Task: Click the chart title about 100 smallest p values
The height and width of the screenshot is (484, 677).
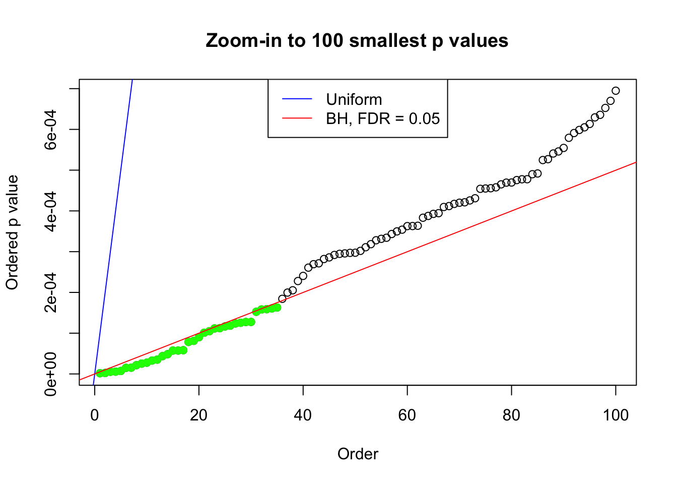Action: pos(357,40)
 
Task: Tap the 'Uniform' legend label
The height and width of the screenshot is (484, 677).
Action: pos(354,99)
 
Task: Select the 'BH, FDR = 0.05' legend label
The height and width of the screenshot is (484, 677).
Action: pos(382,118)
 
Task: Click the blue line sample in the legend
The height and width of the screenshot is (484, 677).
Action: pos(297,99)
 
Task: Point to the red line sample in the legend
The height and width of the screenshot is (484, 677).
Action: pos(297,118)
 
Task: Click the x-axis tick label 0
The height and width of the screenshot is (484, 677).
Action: pos(95,415)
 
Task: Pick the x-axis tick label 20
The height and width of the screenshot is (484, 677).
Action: pos(199,415)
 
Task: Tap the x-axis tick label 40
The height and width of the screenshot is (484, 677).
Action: pos(303,415)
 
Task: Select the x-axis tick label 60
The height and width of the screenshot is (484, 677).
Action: pos(407,415)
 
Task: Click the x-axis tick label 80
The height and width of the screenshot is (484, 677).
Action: pos(511,415)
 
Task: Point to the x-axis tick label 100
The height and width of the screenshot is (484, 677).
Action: pos(616,415)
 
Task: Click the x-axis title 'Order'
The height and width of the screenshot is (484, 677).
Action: pos(358,454)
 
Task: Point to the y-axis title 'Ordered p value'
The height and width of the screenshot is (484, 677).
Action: pos(12,232)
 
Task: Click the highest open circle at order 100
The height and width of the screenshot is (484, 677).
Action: pos(616,91)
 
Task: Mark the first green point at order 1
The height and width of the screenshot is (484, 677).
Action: pos(100,373)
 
